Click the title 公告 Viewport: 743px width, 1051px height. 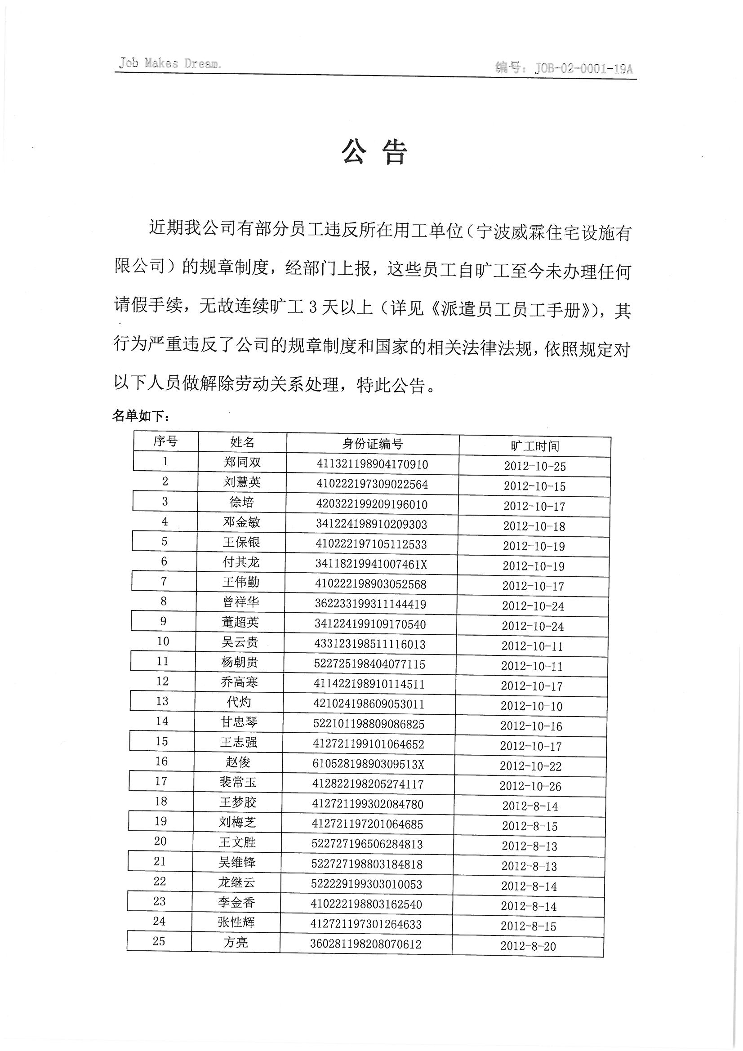click(x=374, y=152)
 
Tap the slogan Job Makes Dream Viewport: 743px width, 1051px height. click(x=170, y=63)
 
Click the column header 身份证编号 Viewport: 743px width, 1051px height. click(x=372, y=444)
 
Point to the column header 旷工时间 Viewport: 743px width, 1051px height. click(x=535, y=446)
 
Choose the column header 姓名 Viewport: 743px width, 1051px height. click(x=242, y=442)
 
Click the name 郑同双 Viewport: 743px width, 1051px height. click(x=242, y=462)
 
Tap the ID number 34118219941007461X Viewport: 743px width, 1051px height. click(x=371, y=565)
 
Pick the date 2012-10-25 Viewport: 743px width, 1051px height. click(x=535, y=466)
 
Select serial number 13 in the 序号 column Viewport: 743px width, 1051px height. click(x=162, y=701)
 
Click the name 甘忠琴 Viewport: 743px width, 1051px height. click(x=239, y=722)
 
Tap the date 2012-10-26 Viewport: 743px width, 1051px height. click(x=530, y=786)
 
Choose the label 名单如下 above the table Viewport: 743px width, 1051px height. click(x=142, y=416)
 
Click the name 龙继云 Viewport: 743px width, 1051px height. click(x=237, y=882)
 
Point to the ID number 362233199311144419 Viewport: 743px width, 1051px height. click(x=370, y=604)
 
